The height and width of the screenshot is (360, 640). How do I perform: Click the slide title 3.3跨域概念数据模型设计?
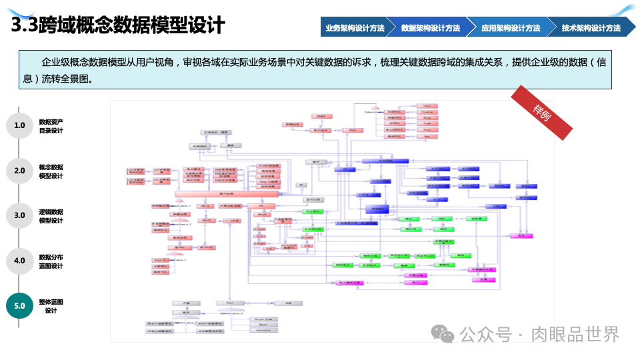tap(119, 25)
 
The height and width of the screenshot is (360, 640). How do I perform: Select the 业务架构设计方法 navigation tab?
tap(355, 28)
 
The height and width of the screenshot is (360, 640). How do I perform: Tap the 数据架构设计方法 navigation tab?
tap(431, 28)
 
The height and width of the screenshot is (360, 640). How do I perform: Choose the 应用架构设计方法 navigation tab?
tap(511, 28)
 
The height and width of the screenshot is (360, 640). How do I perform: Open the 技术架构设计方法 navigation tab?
tap(591, 28)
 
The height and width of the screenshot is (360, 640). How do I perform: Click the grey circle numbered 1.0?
tap(19, 125)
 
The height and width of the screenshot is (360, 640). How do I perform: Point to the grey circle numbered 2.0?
tap(19, 171)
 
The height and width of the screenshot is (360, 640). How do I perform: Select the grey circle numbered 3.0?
tap(19, 215)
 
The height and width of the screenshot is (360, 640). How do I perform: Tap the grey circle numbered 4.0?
tap(19, 261)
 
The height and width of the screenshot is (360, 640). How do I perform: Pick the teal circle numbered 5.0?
tap(19, 306)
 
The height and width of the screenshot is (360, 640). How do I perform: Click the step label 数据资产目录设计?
tap(51, 126)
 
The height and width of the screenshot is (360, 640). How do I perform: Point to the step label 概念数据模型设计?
tap(51, 171)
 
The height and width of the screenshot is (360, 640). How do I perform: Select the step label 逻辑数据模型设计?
tap(51, 216)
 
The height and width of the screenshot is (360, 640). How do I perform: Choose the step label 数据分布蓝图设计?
tap(51, 261)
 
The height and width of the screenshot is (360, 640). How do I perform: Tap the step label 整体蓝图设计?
tap(51, 306)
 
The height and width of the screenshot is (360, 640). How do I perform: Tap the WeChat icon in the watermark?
tap(442, 333)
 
